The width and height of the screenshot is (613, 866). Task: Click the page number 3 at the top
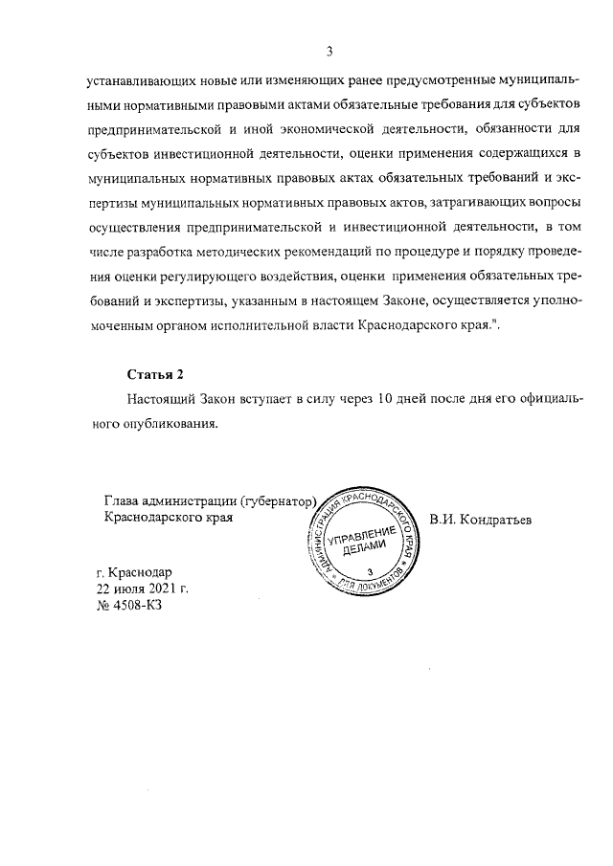[329, 52]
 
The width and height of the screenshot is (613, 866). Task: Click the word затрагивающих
[452, 202]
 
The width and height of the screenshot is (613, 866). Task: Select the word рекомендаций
[339, 252]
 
